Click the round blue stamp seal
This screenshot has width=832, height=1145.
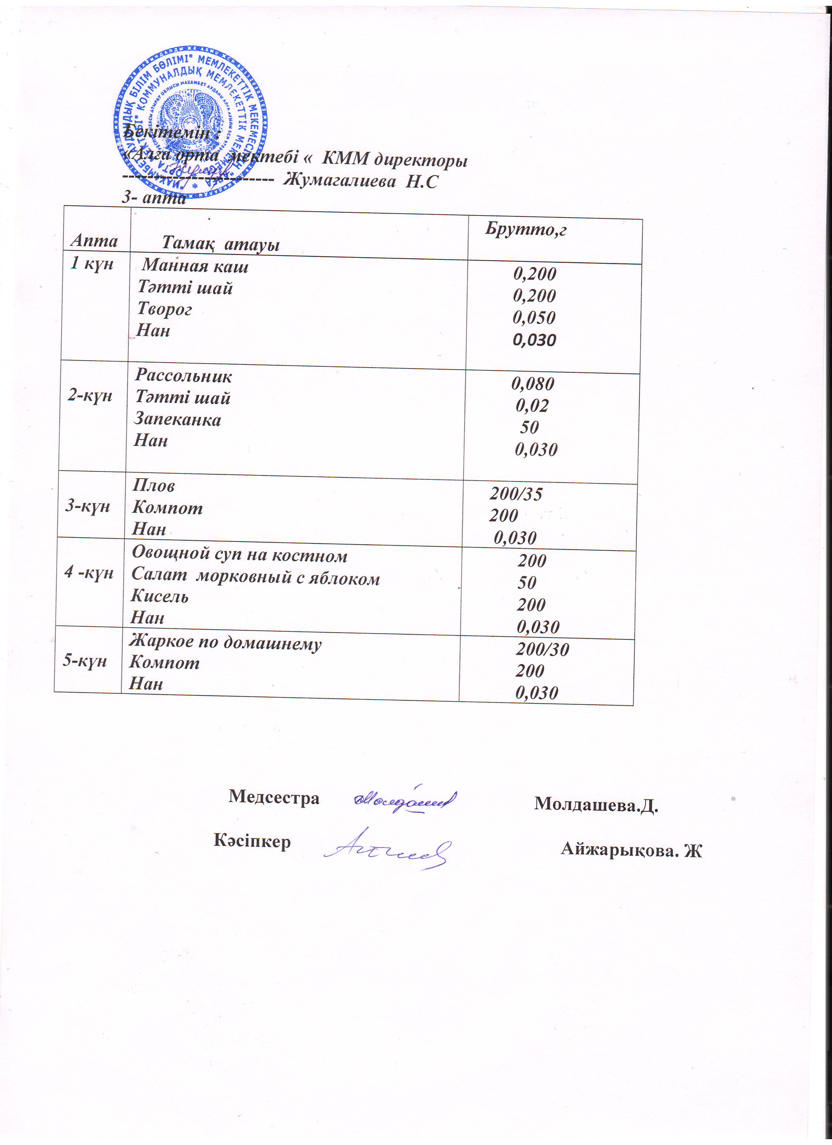[190, 121]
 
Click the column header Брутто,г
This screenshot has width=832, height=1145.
[526, 230]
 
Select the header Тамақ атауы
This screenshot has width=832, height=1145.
[221, 244]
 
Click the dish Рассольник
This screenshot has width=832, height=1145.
[183, 376]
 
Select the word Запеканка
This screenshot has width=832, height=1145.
[177, 419]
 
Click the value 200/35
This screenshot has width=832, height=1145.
[516, 494]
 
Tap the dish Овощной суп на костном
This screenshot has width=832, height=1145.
[239, 555]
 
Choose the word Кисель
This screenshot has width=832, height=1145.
[160, 596]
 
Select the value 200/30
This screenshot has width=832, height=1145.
[542, 649]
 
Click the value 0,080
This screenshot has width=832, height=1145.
[533, 384]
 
